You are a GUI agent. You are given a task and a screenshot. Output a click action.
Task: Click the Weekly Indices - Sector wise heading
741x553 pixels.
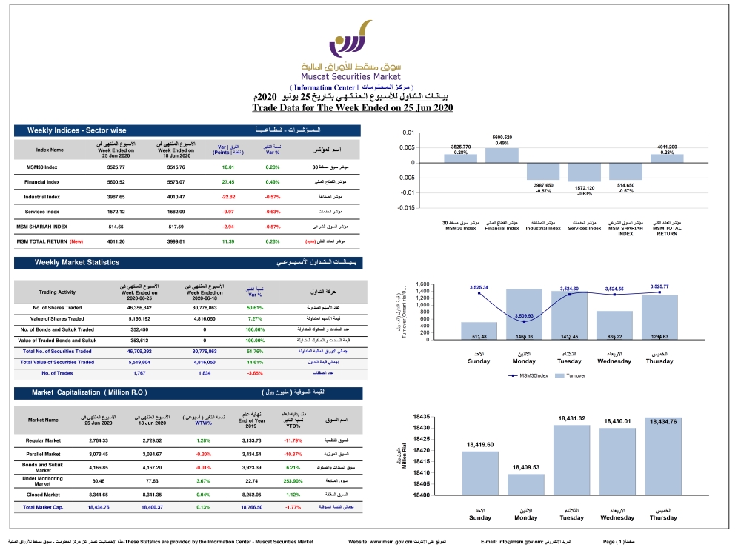tap(77, 130)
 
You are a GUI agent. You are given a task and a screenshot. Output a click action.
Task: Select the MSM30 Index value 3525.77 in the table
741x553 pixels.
tap(122, 167)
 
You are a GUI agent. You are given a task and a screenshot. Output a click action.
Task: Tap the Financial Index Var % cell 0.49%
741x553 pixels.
tap(272, 181)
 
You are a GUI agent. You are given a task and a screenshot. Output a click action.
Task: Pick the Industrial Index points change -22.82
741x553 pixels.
tap(227, 197)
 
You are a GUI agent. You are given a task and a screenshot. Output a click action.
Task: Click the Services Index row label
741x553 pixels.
tap(42, 212)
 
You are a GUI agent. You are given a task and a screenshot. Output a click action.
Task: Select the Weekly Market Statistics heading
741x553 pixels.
tap(77, 263)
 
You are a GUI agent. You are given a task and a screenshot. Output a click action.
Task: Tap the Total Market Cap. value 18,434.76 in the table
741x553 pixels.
tap(99, 508)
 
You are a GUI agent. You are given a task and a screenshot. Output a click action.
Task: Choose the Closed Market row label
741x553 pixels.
tap(43, 495)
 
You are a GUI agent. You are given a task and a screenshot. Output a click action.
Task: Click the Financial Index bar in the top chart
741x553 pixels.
tap(502, 155)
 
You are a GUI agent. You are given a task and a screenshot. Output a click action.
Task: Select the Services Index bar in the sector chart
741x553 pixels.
tap(584, 172)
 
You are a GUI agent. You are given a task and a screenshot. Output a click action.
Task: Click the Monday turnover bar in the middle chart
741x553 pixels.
tap(524, 314)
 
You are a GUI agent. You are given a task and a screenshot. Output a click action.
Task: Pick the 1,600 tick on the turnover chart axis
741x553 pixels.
tap(421, 285)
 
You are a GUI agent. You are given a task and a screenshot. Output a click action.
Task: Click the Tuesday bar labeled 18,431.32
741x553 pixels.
tap(571, 460)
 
